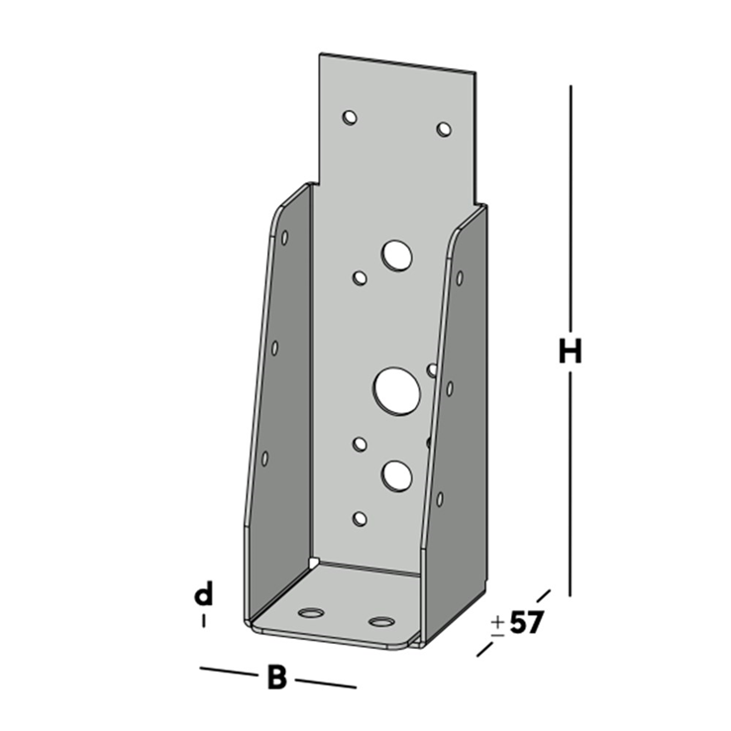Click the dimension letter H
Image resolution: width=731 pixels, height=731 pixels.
click(569, 352)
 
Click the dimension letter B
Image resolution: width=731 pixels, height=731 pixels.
click(277, 679)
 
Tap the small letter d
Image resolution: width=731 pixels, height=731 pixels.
click(203, 594)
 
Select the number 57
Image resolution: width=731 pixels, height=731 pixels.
click(527, 624)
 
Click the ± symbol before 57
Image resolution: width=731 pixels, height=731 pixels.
click(497, 625)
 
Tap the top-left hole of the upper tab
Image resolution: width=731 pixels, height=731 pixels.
click(349, 118)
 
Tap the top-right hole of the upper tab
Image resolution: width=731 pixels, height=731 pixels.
click(443, 129)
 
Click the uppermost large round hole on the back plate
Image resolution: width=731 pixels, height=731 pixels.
click(396, 255)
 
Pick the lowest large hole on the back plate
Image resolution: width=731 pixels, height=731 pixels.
click(396, 475)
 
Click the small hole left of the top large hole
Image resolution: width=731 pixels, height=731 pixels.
click(360, 278)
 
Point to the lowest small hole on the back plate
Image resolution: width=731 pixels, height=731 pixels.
click(360, 518)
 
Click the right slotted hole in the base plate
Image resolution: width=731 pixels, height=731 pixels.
click(381, 622)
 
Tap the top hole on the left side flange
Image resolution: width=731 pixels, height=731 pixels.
click(284, 238)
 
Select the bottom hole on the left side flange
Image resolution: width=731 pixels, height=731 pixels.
click(264, 458)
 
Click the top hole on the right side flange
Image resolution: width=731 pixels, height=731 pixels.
click(460, 278)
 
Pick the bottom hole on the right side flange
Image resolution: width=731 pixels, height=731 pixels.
click(440, 498)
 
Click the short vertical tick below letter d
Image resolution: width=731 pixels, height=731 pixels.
click(203, 621)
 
